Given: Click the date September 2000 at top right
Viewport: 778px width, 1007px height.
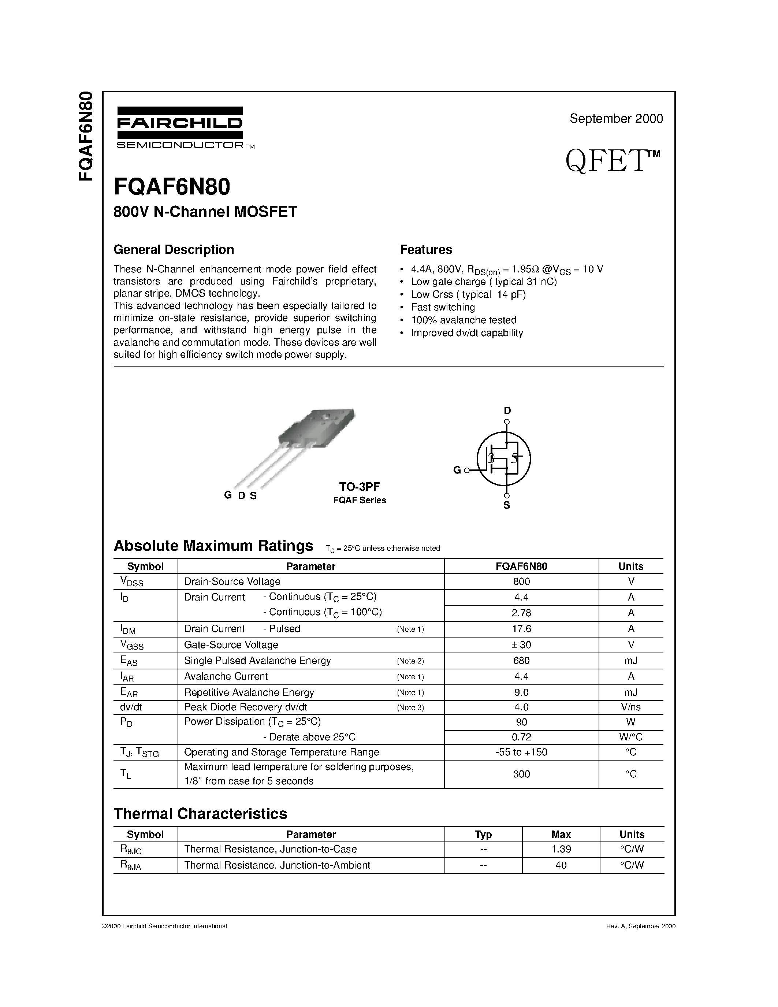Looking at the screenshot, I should (616, 119).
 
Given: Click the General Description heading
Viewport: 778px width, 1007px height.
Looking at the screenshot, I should (174, 249).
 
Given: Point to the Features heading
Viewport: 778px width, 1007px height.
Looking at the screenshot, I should (426, 249).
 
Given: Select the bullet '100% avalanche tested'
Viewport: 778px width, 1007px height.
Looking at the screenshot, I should (464, 320).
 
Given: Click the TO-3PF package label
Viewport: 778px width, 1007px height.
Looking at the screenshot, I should (360, 486).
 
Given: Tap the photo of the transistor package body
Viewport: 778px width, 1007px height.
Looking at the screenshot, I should (318, 427).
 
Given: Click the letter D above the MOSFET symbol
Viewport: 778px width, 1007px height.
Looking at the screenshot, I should (507, 410).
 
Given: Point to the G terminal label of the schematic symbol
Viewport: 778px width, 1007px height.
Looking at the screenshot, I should (457, 470).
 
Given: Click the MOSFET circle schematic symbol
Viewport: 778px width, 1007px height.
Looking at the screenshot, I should (503, 458).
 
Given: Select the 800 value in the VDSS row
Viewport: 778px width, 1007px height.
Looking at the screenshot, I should (521, 581).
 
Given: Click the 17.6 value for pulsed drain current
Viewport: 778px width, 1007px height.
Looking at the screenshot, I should (521, 629).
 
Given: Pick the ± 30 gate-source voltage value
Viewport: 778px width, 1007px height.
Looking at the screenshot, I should (521, 644).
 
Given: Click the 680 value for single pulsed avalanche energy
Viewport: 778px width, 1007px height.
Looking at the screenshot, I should (521, 661).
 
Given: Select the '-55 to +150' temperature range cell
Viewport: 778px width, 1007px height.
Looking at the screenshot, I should (521, 752).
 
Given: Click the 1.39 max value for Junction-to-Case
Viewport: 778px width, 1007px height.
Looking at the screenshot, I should (561, 849).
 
